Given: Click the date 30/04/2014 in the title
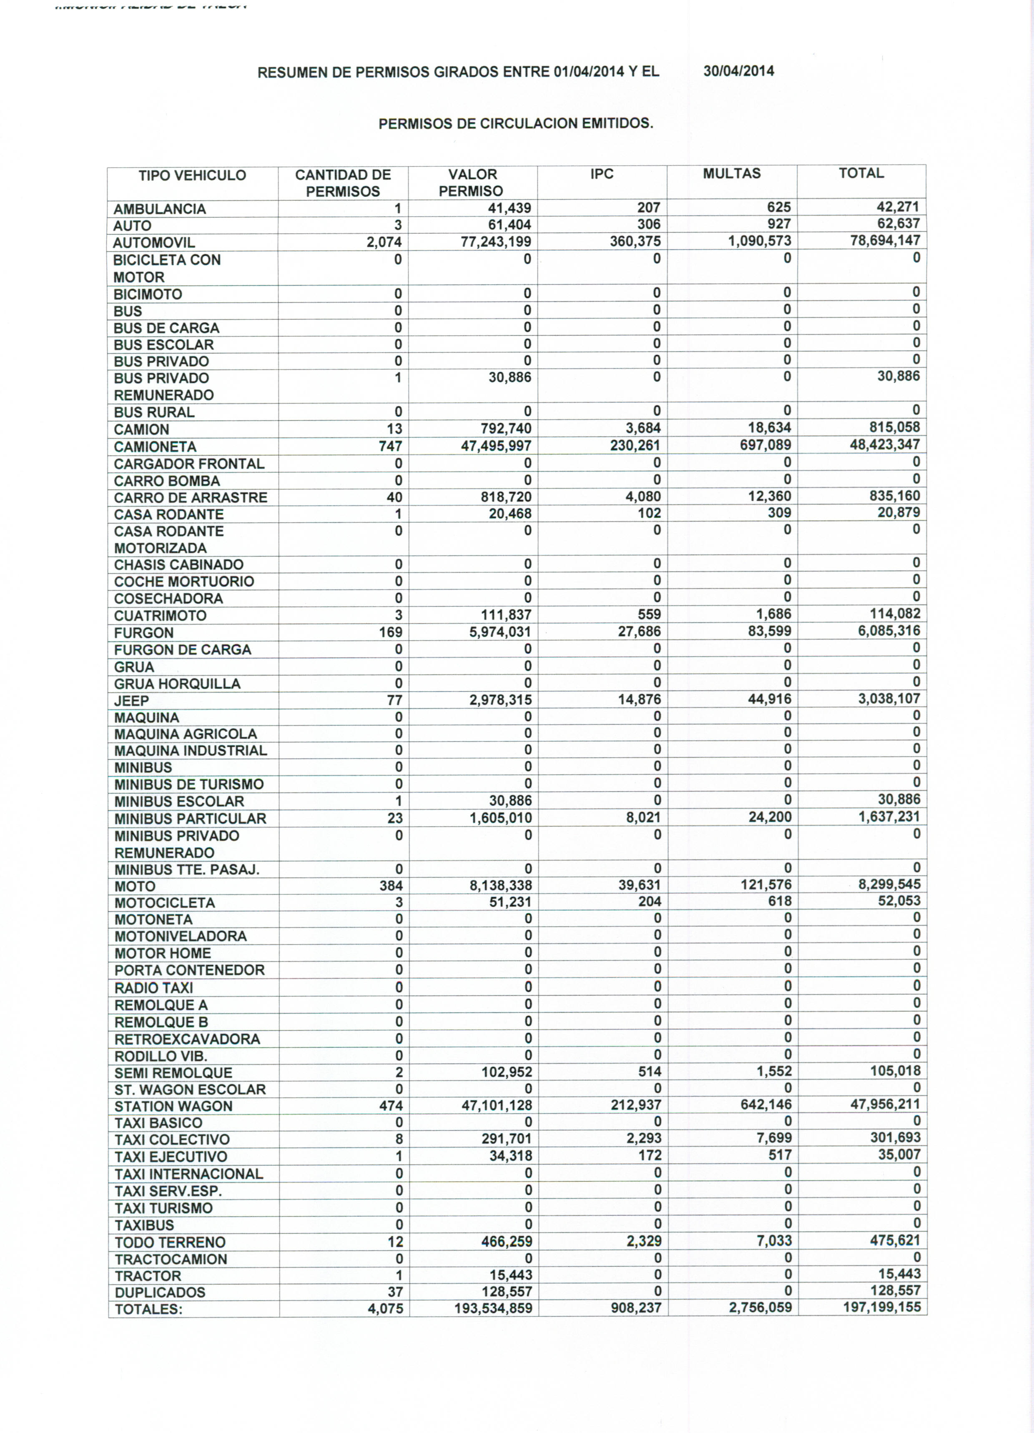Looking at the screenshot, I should coord(738,71).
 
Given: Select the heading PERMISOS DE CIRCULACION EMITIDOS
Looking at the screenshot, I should coord(516,123).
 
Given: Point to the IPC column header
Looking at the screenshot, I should coord(602,174).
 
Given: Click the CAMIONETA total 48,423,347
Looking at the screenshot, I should coord(884,444).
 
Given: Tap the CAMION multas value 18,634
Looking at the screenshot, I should coord(769,428).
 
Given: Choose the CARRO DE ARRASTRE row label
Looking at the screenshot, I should coord(190,497).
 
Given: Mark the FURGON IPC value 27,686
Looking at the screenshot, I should coord(639,631).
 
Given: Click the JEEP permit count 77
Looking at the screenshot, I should coord(394,700).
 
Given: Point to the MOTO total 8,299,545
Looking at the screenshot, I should coord(888,884).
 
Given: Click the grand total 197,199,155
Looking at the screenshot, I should coord(882,1307).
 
